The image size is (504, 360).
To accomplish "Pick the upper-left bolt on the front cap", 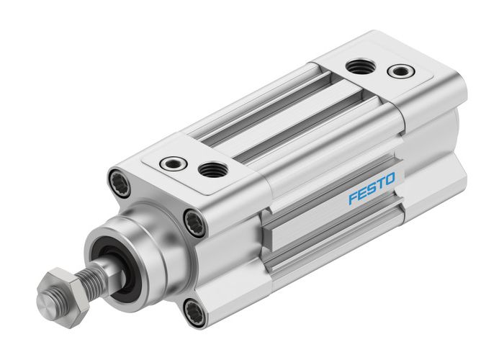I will click(118, 179).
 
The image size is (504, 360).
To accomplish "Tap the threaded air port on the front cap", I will click(212, 170).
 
